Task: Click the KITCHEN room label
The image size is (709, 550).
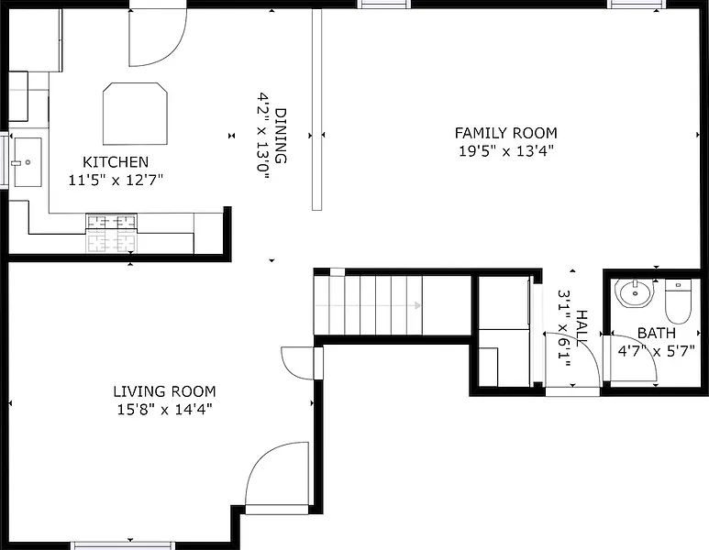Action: coord(116,161)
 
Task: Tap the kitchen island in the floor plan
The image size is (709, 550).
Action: coord(135,114)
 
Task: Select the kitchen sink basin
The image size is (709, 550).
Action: coord(28,161)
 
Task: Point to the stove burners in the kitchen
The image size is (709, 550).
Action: coord(111,233)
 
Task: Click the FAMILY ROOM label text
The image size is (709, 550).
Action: coord(506,133)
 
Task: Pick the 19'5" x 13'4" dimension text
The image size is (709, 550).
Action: coord(506,151)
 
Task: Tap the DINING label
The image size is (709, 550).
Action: coord(281,136)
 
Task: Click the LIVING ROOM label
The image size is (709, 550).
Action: coord(164,391)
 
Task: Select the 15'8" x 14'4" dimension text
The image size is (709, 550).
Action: coord(164,410)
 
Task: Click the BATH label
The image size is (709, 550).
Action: coord(656,333)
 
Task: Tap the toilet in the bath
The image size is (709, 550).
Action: coord(678,302)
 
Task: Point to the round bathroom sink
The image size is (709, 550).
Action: coord(635,293)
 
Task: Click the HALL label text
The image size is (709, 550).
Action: coord(582,326)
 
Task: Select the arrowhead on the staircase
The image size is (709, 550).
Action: coord(418,305)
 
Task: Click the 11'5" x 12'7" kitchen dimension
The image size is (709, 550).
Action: coord(116,181)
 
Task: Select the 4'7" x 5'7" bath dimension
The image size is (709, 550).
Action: coord(656,351)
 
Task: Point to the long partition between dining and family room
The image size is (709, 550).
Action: coord(317,110)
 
